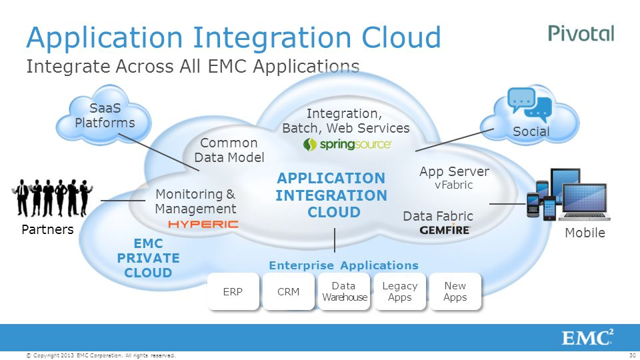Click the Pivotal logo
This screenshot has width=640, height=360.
click(x=581, y=33)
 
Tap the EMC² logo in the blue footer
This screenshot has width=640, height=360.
click(x=587, y=337)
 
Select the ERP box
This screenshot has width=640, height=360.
click(x=233, y=292)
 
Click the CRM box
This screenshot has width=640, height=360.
click(x=288, y=292)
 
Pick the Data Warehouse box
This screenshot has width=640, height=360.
click(x=344, y=292)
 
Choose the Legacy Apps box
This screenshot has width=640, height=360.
click(x=399, y=292)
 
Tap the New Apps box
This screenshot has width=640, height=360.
click(x=455, y=292)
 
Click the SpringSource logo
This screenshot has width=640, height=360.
click(x=347, y=144)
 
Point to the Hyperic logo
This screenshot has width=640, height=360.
click(x=203, y=225)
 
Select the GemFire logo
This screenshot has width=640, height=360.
click(x=445, y=229)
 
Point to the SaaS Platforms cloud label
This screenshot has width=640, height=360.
click(x=105, y=115)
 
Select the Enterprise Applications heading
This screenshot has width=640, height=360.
click(x=343, y=265)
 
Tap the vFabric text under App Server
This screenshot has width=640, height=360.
click(x=453, y=185)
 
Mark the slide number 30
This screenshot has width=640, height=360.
click(x=633, y=356)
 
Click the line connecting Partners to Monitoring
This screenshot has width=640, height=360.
click(x=123, y=201)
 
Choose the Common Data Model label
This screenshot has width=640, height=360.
click(x=229, y=150)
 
